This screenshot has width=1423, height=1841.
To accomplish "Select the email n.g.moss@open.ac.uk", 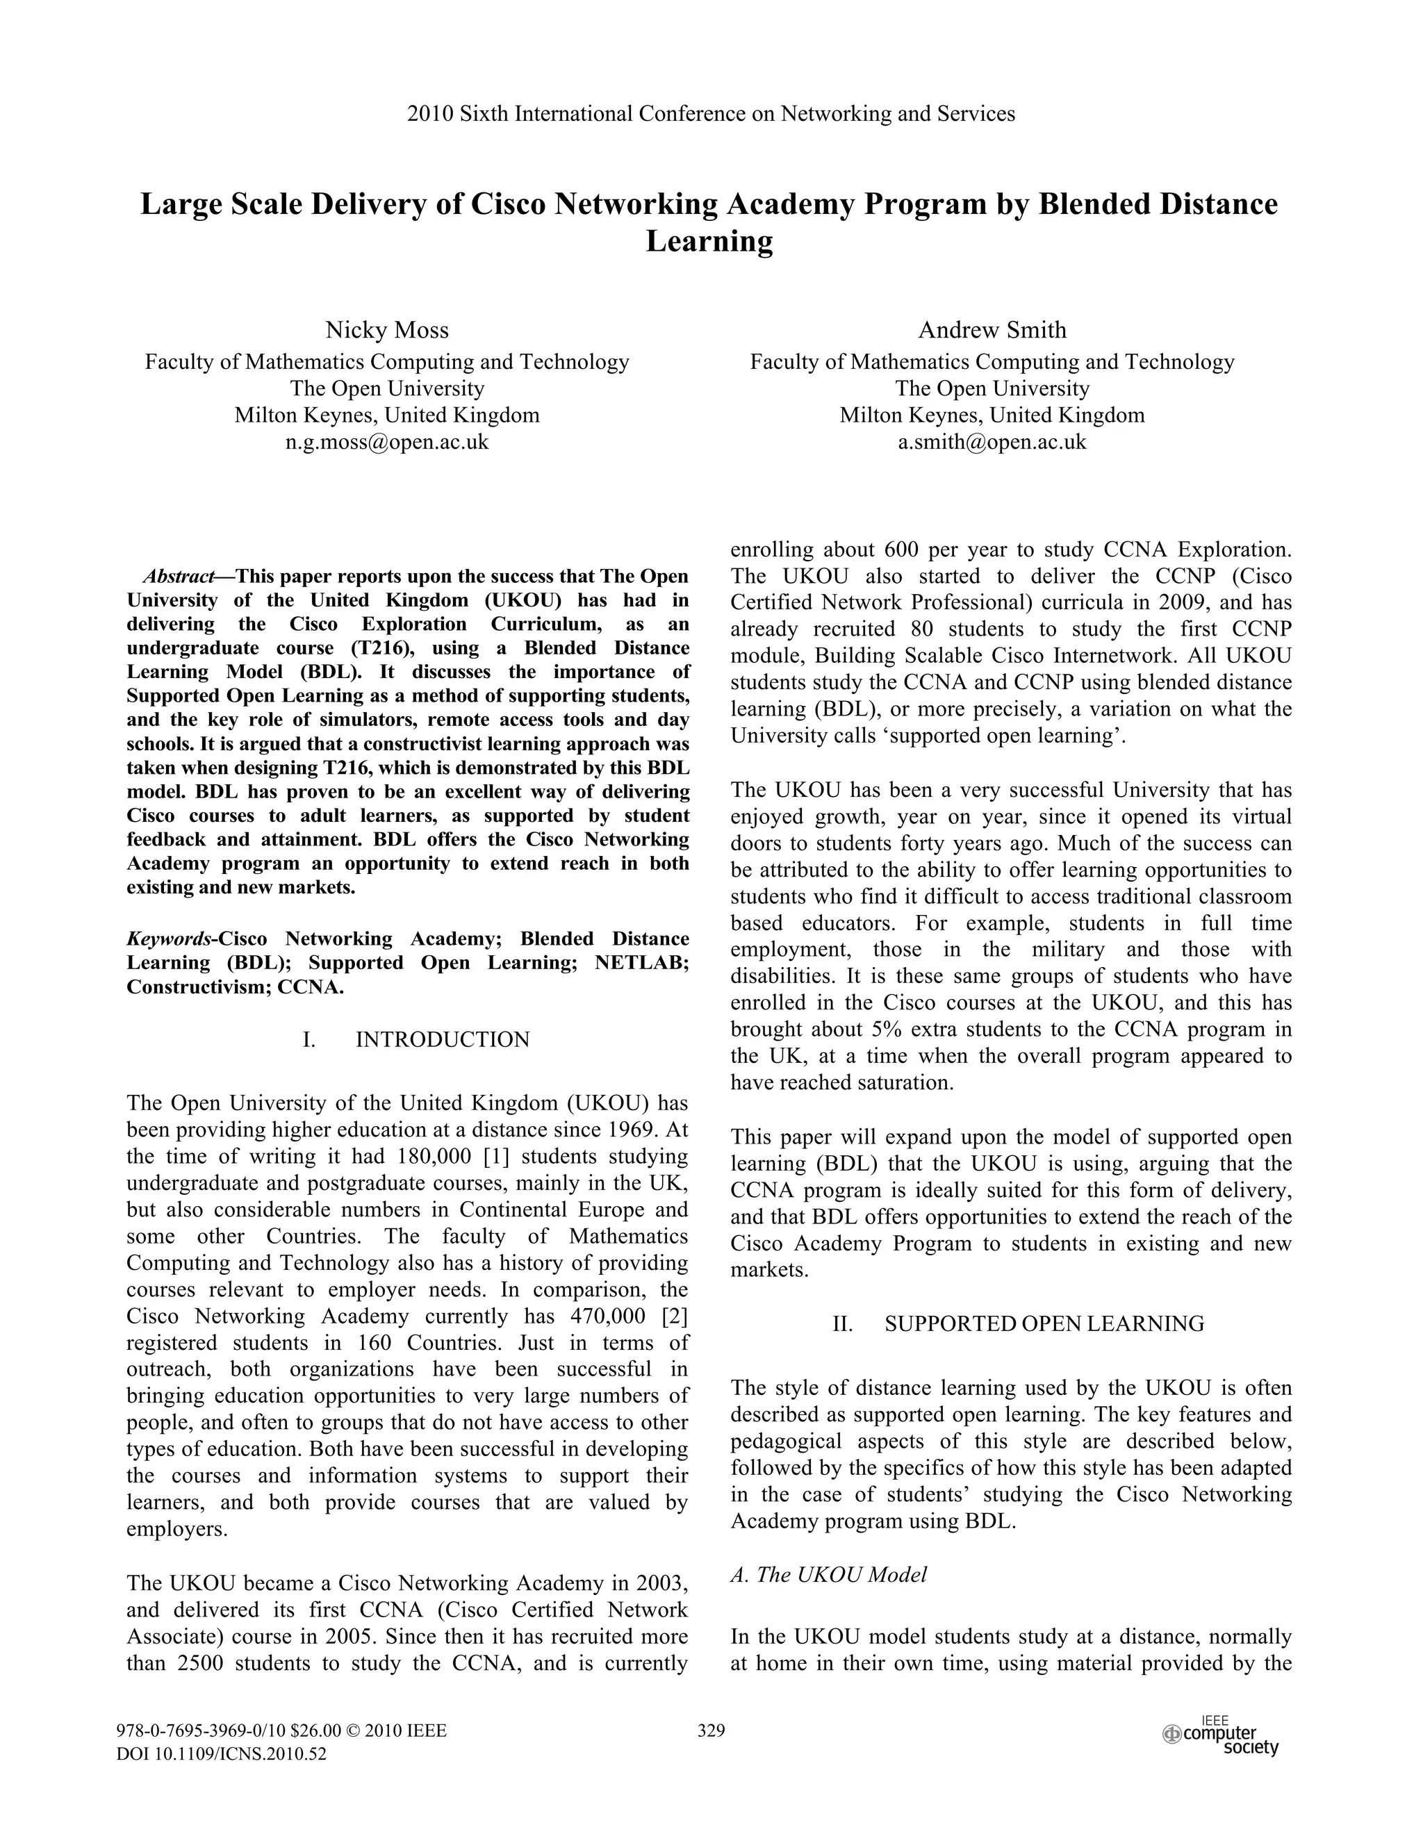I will click(387, 442).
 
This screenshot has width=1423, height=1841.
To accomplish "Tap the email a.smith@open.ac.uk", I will click(992, 442).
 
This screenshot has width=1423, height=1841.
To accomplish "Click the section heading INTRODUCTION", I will click(443, 1039).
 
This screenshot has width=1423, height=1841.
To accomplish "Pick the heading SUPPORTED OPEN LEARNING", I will click(1044, 1323).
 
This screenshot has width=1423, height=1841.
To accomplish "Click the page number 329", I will click(711, 1731).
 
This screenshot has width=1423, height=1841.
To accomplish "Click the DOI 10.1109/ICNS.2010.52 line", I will click(221, 1754).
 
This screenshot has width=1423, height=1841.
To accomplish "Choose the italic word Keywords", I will click(170, 939).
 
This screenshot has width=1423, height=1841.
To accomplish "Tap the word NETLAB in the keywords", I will click(641, 963).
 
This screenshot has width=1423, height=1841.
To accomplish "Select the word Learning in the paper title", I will click(710, 242).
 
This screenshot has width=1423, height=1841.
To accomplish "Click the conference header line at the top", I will click(711, 114).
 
